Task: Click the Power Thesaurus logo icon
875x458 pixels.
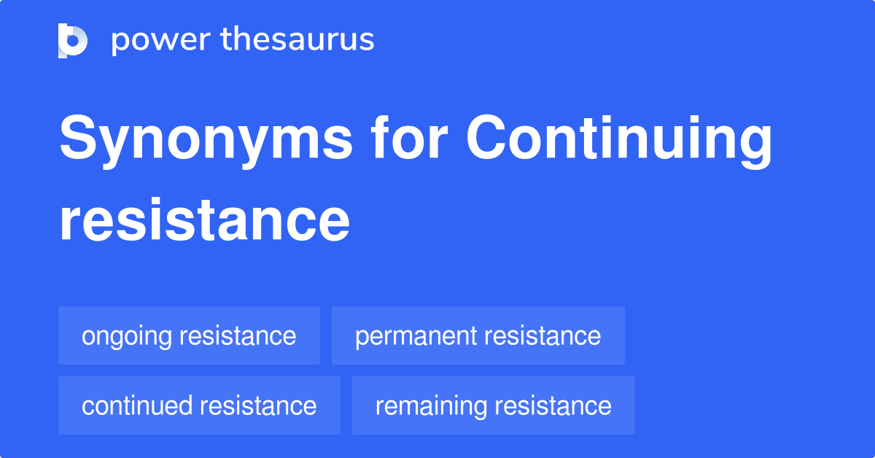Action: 73,40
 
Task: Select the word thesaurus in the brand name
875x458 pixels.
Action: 297,40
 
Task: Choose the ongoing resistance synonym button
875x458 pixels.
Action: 189,335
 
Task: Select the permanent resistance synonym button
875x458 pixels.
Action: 478,335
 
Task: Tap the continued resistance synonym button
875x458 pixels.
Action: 199,405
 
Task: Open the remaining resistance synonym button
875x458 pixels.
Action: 493,405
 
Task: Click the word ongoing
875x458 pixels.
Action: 127,337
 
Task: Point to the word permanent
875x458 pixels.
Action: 416,336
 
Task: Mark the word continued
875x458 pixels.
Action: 137,405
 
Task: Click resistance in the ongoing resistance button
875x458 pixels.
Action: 238,336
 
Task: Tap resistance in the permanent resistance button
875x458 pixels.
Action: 542,336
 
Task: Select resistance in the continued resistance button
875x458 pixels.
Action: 258,405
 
